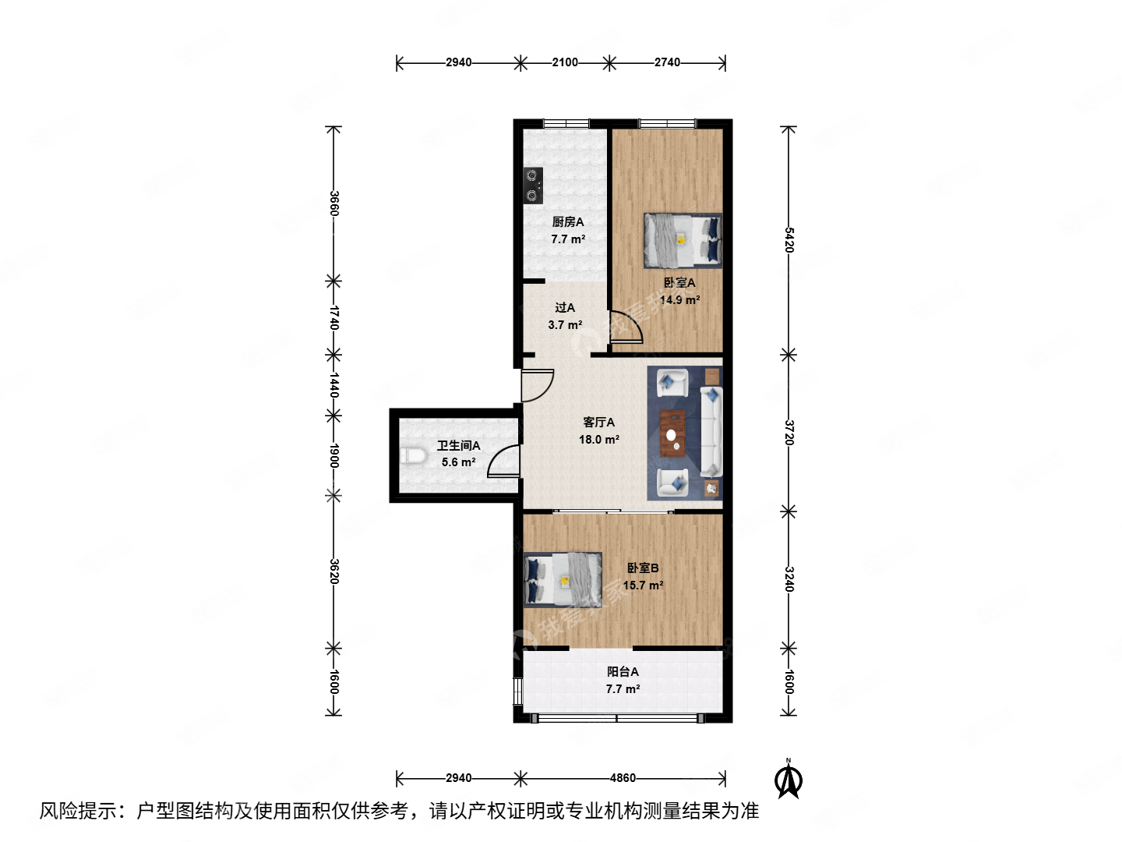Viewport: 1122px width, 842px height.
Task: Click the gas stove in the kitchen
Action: click(x=533, y=186)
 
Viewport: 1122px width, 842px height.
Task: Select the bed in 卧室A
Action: click(x=683, y=240)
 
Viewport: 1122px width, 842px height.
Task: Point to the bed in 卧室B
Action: click(x=563, y=578)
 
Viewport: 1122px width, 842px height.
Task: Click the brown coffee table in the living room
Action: click(x=673, y=433)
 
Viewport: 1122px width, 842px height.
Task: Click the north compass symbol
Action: click(x=789, y=780)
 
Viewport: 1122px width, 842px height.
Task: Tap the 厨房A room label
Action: click(x=568, y=222)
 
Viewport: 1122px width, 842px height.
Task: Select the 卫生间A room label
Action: click(x=458, y=445)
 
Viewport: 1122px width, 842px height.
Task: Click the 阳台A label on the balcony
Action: click(x=623, y=671)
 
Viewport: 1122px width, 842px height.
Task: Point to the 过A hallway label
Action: click(x=565, y=308)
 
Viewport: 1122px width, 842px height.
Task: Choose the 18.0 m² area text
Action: click(x=598, y=440)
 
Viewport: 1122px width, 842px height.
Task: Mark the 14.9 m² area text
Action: click(x=679, y=300)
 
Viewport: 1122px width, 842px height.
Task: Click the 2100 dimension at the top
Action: click(x=565, y=62)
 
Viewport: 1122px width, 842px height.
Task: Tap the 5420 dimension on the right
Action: click(x=789, y=240)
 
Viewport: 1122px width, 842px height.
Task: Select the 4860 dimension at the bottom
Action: click(x=623, y=778)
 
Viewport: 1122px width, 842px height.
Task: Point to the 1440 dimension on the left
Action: click(x=333, y=384)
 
